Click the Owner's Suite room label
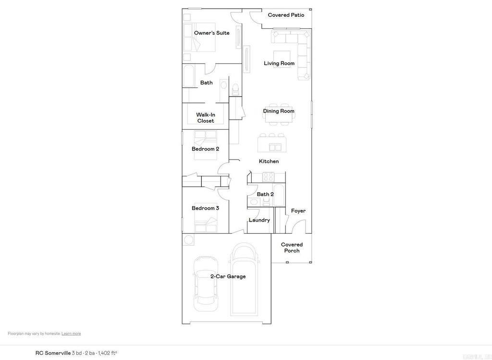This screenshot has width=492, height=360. (211, 33)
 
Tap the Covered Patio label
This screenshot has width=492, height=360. (286, 15)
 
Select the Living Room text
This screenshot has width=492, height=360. (279, 63)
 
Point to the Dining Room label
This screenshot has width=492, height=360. (279, 111)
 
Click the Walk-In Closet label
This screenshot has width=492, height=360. (205, 118)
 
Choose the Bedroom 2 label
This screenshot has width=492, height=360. (205, 149)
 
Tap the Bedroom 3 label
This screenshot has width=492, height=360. (205, 208)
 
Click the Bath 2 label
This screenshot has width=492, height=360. (265, 194)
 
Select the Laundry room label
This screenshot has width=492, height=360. (259, 220)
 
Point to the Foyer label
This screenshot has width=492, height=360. (298, 211)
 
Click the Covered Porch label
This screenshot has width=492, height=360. (292, 248)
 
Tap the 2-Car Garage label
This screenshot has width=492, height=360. (228, 276)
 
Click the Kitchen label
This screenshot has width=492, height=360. (269, 161)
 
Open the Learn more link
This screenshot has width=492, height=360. (71, 334)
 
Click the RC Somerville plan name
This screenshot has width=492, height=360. (53, 353)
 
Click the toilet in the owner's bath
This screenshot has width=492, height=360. (235, 89)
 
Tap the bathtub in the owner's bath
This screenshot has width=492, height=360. (188, 76)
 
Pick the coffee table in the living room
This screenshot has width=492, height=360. (282, 59)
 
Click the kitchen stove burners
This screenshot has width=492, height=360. (269, 176)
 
